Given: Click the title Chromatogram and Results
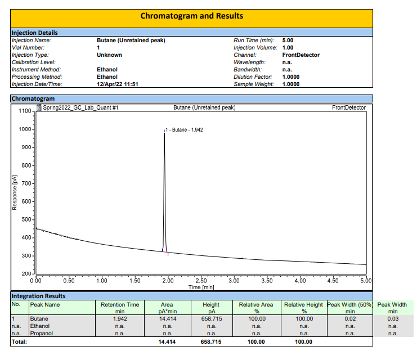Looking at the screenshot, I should [x=192, y=16].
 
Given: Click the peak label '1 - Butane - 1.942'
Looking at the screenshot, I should [x=184, y=130].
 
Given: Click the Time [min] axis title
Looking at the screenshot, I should [x=200, y=287].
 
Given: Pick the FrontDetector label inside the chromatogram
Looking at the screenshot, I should [x=349, y=107].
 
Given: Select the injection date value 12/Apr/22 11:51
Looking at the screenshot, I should [x=118, y=84].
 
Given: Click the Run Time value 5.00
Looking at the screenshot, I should [x=288, y=40].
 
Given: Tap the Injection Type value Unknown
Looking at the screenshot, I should [x=109, y=55].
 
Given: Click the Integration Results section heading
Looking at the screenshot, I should [x=39, y=296].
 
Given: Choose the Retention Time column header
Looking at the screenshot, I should [x=120, y=305].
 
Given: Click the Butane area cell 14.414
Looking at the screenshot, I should [x=167, y=318].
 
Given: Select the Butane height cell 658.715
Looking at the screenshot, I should [x=212, y=318].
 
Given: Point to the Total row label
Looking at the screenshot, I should [x=20, y=341].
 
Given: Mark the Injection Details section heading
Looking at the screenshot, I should [x=35, y=33].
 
